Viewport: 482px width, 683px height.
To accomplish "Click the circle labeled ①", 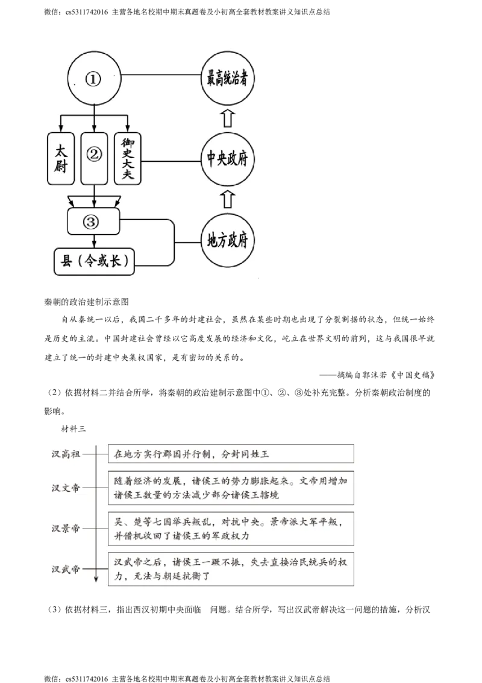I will tap(93, 80).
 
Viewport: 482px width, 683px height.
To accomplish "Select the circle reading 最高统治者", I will tap(227, 79).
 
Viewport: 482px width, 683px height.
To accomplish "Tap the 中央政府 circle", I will tap(227, 159).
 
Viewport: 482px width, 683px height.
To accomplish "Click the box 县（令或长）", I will tap(95, 260).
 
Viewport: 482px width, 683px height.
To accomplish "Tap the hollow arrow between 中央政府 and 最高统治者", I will tap(227, 118).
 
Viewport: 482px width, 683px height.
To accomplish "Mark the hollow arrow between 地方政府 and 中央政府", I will tap(227, 199).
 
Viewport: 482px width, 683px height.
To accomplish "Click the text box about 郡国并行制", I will tap(231, 454).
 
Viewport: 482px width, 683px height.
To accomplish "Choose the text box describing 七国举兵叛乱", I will tap(231, 528).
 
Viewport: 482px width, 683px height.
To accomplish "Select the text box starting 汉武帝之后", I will tap(231, 568).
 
